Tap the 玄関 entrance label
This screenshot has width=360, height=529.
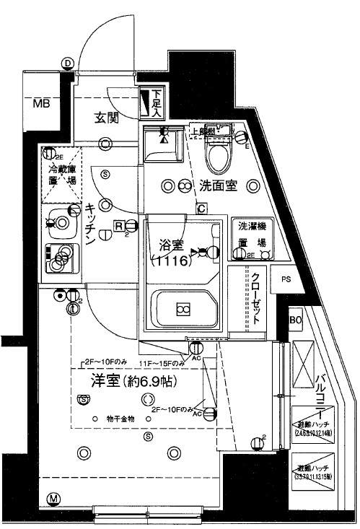tap(107, 118)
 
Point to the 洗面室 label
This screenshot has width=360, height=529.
tap(218, 185)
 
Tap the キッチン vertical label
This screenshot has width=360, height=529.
tap(92, 223)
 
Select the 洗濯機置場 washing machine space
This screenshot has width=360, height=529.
tap(253, 234)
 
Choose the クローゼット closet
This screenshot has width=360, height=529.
tap(257, 300)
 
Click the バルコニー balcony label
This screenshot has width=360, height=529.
tap(321, 388)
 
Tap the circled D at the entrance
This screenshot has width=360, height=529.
tap(67, 64)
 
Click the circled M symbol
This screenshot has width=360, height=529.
tap(53, 499)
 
